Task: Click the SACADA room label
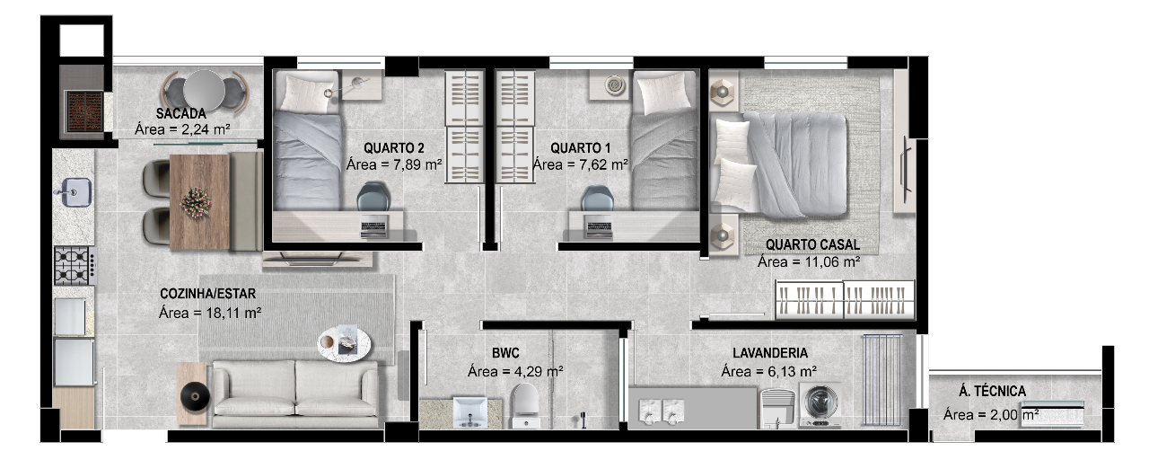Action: (x=181, y=113)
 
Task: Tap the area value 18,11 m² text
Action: (x=233, y=312)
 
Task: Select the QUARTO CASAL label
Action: (x=812, y=244)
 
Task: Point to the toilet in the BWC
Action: (x=526, y=405)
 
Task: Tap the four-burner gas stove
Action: (x=75, y=265)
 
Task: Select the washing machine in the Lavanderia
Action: (x=820, y=404)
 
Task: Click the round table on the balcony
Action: (x=204, y=91)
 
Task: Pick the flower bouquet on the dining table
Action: (x=196, y=203)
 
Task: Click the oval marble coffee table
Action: (x=344, y=343)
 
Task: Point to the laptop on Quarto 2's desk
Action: (x=374, y=227)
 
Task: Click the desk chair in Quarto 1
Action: (x=597, y=199)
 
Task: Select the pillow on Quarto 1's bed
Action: (x=661, y=93)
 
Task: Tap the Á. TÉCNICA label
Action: (x=993, y=391)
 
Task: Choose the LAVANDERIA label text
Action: (x=770, y=353)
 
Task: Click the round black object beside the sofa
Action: (x=195, y=397)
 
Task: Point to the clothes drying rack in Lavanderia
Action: (x=881, y=380)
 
